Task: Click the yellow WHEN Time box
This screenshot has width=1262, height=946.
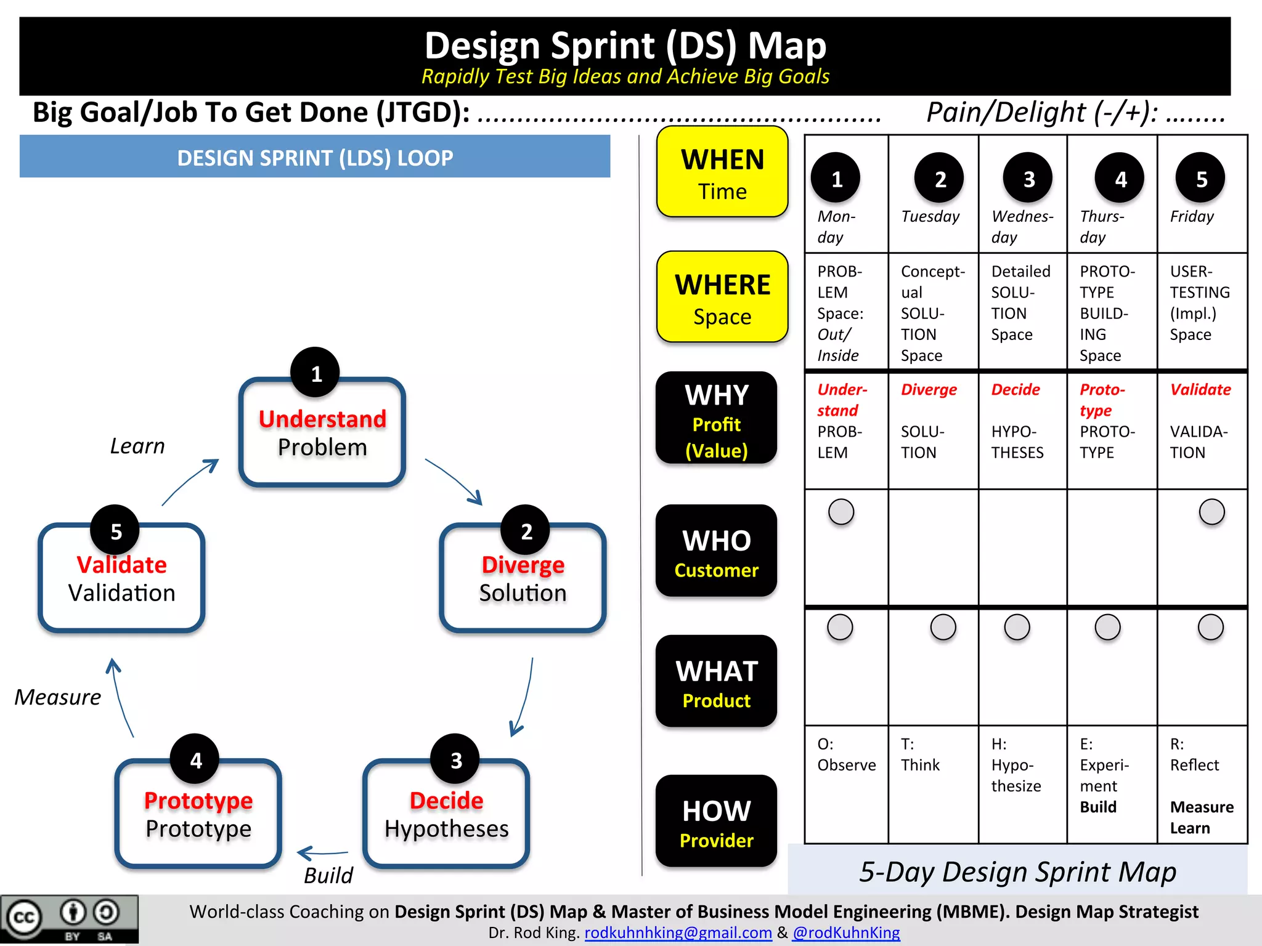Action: coord(722,172)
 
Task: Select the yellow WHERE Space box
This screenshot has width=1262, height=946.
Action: coord(722,297)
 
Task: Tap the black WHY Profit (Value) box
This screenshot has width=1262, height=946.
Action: coord(716,419)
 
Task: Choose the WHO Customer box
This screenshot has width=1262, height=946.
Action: coord(716,551)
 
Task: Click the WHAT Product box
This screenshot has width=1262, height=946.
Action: coord(716,682)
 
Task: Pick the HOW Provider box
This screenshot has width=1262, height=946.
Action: coord(716,821)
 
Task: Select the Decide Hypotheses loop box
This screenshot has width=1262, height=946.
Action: coord(446,814)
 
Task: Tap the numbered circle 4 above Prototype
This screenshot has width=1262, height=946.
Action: coord(195,759)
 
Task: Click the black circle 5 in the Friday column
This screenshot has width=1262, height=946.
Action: coord(1200,179)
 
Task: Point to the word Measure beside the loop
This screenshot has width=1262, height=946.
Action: coord(58,697)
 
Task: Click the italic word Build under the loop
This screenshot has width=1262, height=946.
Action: coord(328,875)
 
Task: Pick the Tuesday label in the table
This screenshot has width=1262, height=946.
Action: coord(930,217)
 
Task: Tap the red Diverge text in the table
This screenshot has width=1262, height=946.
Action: coord(929,390)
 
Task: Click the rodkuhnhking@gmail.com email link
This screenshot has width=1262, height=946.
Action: coord(678,932)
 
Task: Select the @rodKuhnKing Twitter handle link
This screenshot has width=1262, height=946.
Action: coord(846,932)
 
